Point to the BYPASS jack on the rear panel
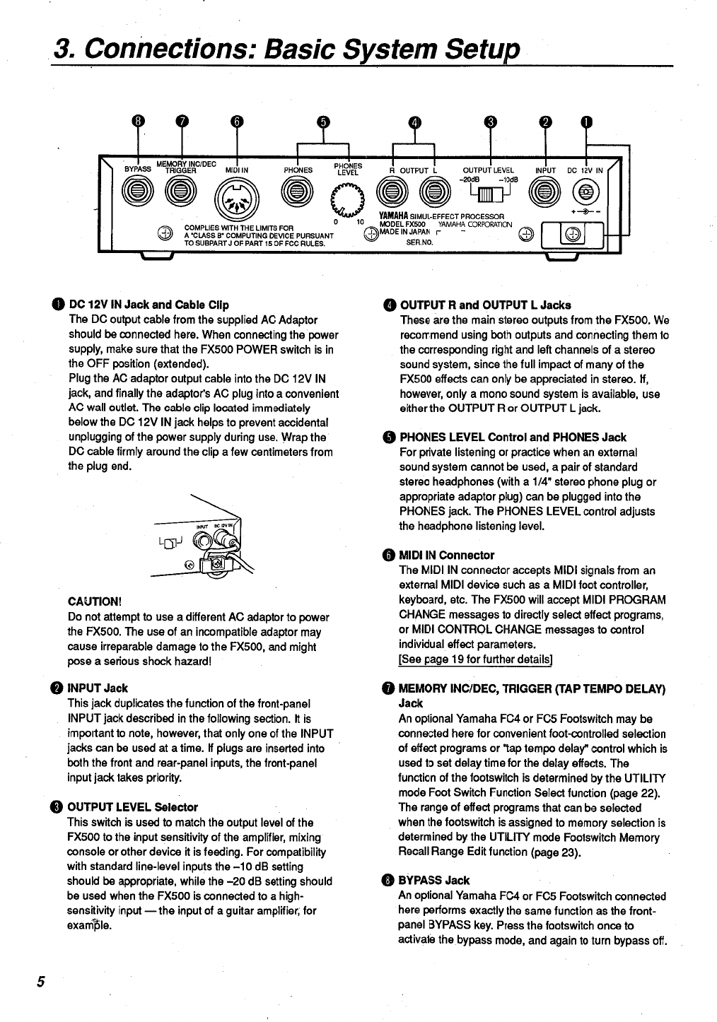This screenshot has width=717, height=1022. point(138,192)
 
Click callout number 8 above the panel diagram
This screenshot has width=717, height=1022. point(139,121)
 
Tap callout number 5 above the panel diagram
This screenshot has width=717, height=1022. point(323,121)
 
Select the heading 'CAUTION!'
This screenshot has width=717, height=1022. point(95,601)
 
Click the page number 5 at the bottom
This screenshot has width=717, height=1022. point(41,982)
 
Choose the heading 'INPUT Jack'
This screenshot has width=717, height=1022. point(97,688)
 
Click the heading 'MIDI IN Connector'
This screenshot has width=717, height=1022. point(446,555)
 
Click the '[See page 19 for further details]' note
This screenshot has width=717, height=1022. point(475,659)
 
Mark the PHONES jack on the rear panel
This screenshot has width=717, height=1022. point(298,192)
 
